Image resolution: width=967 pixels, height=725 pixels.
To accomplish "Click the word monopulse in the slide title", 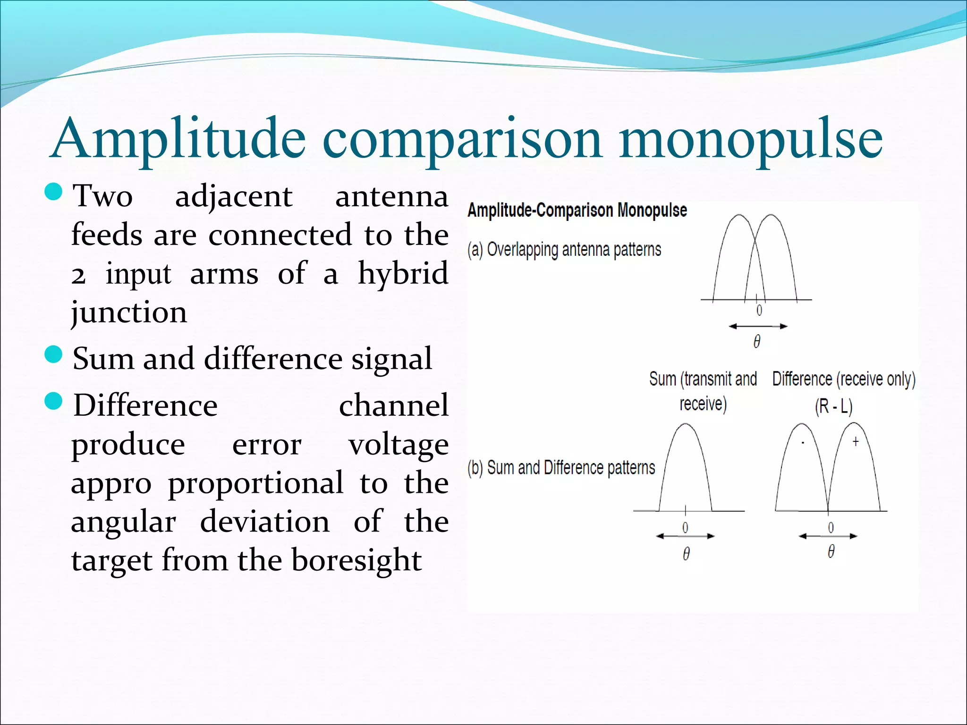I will pos(751,139).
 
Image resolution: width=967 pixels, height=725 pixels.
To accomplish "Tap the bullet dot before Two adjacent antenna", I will pos(53,192).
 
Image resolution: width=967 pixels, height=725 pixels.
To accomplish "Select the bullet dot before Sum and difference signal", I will pos(53,354).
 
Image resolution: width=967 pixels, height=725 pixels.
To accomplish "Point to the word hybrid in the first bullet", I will pos(403,274).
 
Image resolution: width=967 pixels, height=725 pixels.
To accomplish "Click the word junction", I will pos(129,312).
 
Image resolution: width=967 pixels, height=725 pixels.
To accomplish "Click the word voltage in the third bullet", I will pos(398,445).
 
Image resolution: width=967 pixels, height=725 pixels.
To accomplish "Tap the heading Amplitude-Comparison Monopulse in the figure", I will pos(577,211).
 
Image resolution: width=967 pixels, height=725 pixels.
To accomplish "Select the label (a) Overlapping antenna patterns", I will pos(564,249).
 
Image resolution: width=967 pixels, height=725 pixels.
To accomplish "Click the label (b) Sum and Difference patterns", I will pos(561,468).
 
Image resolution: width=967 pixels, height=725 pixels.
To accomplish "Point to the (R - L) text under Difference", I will pos(833,406).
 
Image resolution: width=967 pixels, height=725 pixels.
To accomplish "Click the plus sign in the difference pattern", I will pos(856,442).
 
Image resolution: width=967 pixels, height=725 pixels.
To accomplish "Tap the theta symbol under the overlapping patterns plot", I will pos(757,341).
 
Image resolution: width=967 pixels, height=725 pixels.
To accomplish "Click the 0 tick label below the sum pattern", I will pos(685,527).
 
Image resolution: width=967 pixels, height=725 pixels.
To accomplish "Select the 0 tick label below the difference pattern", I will pos(831,527).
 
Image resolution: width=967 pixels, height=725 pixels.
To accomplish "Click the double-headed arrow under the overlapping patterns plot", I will pos(758,326).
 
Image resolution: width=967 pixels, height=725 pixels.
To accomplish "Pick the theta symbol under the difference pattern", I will pos(831,551).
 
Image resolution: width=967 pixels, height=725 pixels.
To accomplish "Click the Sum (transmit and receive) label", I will pos(703,390).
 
